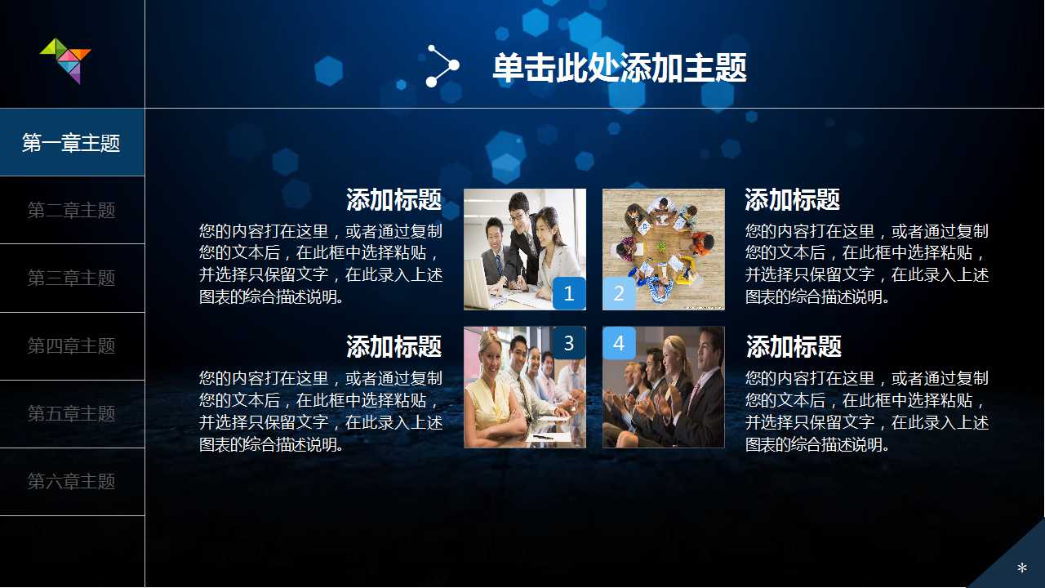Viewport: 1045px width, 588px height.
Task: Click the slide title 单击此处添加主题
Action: tap(620, 68)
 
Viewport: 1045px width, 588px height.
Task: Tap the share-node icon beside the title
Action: tap(442, 66)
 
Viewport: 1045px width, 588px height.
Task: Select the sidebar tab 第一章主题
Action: tap(72, 143)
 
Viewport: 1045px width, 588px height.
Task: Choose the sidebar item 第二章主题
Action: tap(72, 211)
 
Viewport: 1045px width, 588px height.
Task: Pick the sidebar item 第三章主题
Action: tap(72, 278)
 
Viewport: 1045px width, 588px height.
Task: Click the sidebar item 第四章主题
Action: tap(72, 346)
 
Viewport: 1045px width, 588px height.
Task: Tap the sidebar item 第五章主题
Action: tap(72, 414)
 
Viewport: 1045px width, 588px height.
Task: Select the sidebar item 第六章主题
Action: tap(72, 482)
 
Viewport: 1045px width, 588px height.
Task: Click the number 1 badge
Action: tap(569, 293)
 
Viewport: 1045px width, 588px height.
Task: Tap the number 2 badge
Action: tap(619, 293)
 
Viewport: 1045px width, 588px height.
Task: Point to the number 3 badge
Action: tap(569, 343)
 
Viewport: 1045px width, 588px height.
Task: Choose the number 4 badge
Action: tap(619, 343)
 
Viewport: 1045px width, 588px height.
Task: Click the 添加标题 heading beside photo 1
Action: tap(394, 200)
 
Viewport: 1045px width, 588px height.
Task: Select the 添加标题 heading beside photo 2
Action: tap(792, 200)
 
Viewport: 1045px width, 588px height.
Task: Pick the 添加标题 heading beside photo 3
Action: tap(394, 347)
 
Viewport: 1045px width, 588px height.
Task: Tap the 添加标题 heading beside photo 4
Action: tap(794, 347)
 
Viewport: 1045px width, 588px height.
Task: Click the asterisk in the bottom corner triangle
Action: tap(1021, 568)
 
